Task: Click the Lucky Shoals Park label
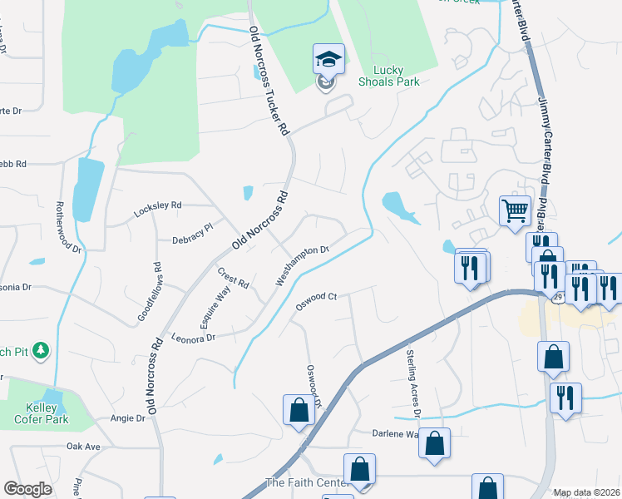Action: point(388,76)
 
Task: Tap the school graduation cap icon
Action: point(328,59)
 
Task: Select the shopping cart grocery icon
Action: point(515,210)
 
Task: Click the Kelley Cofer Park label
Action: point(35,413)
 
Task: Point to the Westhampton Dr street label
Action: point(303,265)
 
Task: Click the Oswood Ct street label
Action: point(316,301)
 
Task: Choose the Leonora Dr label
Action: point(193,338)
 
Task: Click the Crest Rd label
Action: point(234,278)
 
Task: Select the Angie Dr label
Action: point(128,418)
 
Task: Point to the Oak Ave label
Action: point(83,447)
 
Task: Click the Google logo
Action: point(27,489)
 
